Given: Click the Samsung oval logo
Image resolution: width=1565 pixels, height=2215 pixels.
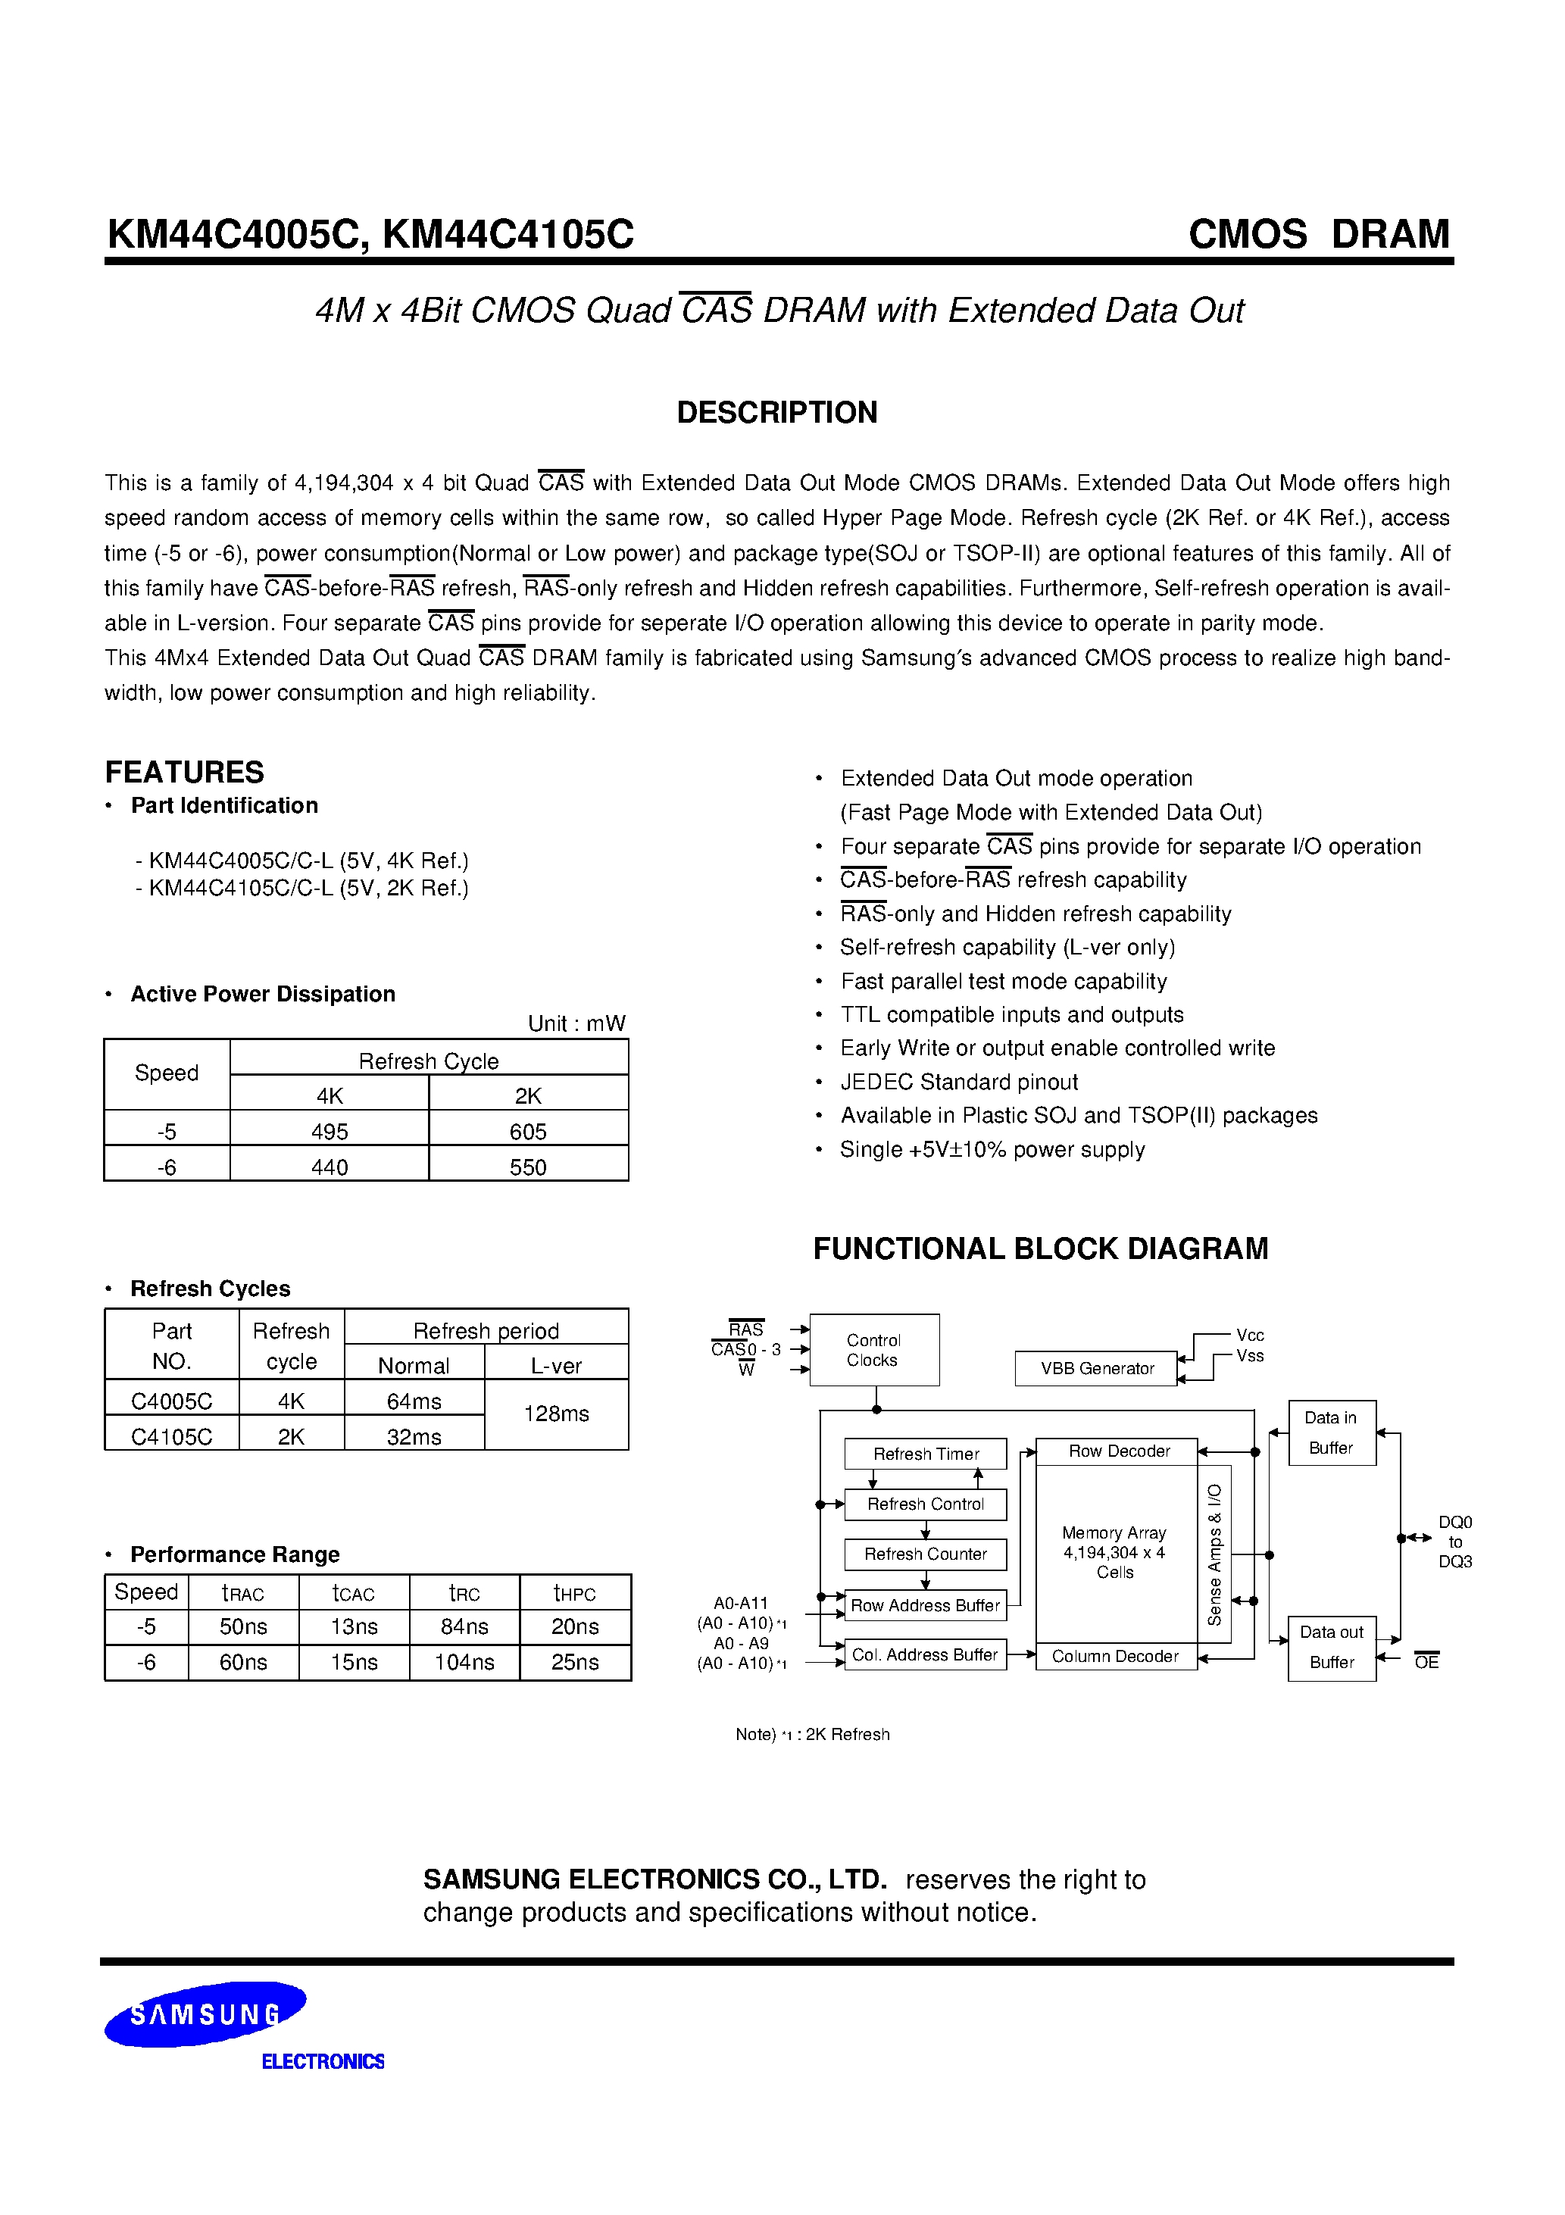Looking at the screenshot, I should (205, 2013).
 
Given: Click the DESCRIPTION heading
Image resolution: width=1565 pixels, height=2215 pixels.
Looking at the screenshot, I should (776, 413).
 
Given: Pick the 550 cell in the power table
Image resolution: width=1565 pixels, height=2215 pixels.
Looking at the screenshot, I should (528, 1167).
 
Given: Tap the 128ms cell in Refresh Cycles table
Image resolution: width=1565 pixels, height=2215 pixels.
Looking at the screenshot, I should (556, 1414).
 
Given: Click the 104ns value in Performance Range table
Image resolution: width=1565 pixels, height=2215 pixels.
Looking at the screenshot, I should (464, 1661).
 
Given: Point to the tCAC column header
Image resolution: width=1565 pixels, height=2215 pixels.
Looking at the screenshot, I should (353, 1593).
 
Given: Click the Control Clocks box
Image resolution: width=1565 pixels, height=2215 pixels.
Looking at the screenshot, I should (874, 1350).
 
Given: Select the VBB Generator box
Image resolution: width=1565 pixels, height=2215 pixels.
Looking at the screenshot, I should (1096, 1368).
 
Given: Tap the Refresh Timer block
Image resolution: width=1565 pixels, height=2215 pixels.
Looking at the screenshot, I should (926, 1453).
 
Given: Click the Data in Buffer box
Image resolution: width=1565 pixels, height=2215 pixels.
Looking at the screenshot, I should (1332, 1432).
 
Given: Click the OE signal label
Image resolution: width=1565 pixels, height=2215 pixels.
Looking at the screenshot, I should (1426, 1661).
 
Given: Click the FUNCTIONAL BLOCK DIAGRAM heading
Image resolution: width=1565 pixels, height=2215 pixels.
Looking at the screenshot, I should (1040, 1248).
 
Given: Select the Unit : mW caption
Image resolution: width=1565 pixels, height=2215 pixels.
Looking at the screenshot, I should (576, 1023).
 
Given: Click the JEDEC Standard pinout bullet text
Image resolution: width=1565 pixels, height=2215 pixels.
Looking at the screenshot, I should (958, 1082).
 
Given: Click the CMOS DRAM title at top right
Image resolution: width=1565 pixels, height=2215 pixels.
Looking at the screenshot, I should (1318, 234).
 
